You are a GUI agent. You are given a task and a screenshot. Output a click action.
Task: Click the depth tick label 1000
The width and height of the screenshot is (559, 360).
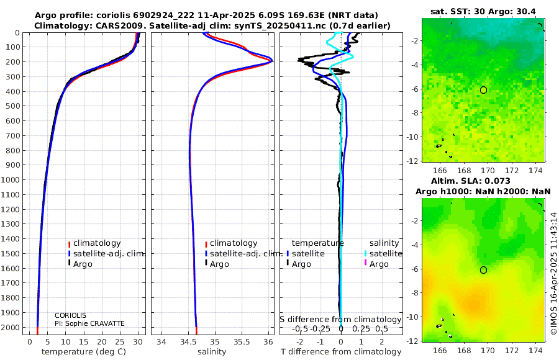click(x=10, y=179)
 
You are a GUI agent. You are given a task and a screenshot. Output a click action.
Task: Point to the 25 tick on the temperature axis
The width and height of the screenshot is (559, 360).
click(x=120, y=342)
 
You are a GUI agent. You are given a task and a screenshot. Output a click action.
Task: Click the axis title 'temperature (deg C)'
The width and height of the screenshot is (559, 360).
click(x=84, y=352)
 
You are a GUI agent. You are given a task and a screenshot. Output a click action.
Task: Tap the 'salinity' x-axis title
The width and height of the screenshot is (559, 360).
click(x=212, y=352)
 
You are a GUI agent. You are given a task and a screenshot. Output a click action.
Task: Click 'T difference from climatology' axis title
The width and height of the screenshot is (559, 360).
click(x=341, y=352)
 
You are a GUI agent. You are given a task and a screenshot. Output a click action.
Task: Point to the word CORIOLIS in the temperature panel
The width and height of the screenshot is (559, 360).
click(x=70, y=315)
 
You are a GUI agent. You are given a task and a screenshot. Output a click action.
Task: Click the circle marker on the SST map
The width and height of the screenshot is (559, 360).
click(x=483, y=90)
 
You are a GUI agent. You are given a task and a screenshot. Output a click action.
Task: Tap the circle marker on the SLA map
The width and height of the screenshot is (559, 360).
click(x=483, y=270)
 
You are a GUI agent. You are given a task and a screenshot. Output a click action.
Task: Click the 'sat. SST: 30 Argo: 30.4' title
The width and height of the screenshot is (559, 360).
click(x=483, y=11)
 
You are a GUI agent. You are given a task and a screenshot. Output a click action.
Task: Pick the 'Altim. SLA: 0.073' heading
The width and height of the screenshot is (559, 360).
click(x=471, y=181)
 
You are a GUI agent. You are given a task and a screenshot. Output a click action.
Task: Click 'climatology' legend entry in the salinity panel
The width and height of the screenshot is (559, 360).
click(x=234, y=243)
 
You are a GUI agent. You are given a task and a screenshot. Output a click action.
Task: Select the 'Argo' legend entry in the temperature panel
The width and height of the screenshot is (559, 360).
click(x=83, y=264)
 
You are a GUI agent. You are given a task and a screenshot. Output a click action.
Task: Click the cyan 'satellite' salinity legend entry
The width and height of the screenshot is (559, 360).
click(x=385, y=254)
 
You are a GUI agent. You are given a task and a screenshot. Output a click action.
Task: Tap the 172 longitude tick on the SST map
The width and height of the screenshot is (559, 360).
click(x=512, y=171)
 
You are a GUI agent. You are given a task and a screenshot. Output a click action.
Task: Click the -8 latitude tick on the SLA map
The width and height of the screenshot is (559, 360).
click(x=414, y=293)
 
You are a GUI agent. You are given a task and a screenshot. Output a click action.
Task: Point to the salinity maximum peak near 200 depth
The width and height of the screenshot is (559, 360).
click(x=271, y=61)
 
